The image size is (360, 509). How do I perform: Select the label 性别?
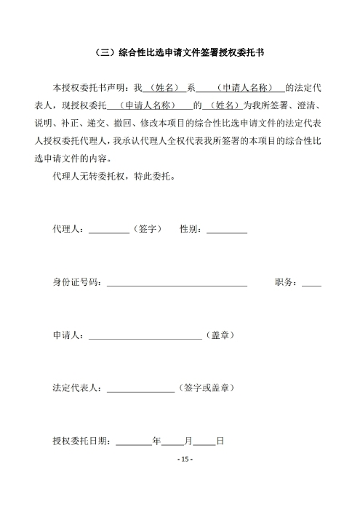click(x=190, y=229)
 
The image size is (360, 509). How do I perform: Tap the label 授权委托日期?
click(x=81, y=440)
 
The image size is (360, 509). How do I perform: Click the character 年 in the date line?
click(x=156, y=440)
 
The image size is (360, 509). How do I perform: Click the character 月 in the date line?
click(x=188, y=440)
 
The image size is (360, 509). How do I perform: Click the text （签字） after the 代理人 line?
click(x=148, y=229)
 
